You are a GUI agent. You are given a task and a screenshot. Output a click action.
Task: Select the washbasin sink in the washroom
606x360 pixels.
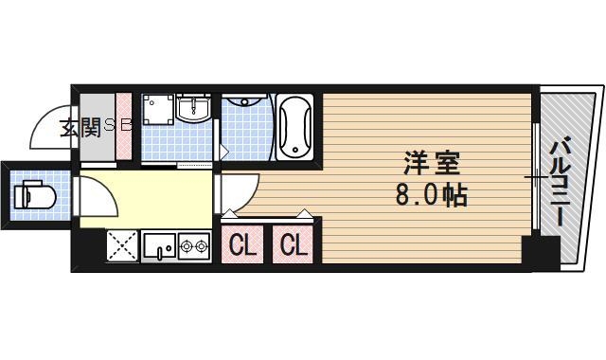195,109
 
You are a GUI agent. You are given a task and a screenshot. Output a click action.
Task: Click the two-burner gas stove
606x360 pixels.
194,247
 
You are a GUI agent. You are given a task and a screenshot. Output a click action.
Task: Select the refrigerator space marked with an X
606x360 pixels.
120,246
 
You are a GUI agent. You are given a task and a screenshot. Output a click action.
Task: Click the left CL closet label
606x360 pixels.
243,246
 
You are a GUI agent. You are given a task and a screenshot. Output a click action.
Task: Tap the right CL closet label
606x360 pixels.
294,246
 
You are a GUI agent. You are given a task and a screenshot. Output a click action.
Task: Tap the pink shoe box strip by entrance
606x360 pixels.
123,125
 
